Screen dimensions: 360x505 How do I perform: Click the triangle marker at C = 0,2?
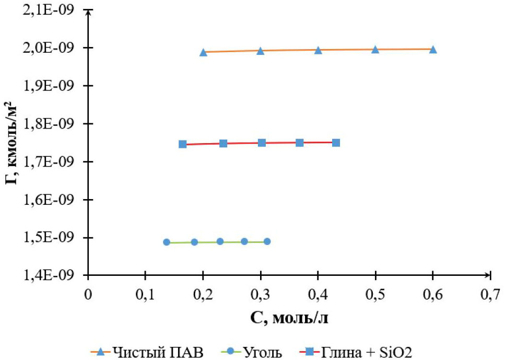(203, 52)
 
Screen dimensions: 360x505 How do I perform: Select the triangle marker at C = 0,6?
(433, 50)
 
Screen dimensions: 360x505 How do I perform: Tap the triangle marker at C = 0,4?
(318, 50)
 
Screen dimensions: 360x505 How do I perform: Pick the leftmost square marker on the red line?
(183, 144)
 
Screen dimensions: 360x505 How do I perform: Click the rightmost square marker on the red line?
(336, 143)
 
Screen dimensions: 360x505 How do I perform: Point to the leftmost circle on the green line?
(167, 242)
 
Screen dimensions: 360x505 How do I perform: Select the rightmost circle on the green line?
(267, 241)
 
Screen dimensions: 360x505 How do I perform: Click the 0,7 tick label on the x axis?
(490, 294)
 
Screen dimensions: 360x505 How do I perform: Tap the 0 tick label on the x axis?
(88, 294)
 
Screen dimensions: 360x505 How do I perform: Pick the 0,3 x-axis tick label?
(260, 294)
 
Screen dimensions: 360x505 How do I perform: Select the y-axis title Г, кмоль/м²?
(14, 143)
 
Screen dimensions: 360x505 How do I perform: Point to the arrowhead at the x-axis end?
(489, 275)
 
